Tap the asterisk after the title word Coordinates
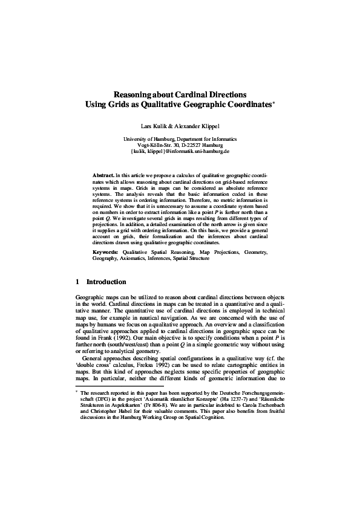click(x=274, y=103)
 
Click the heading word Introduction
click(x=106, y=282)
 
